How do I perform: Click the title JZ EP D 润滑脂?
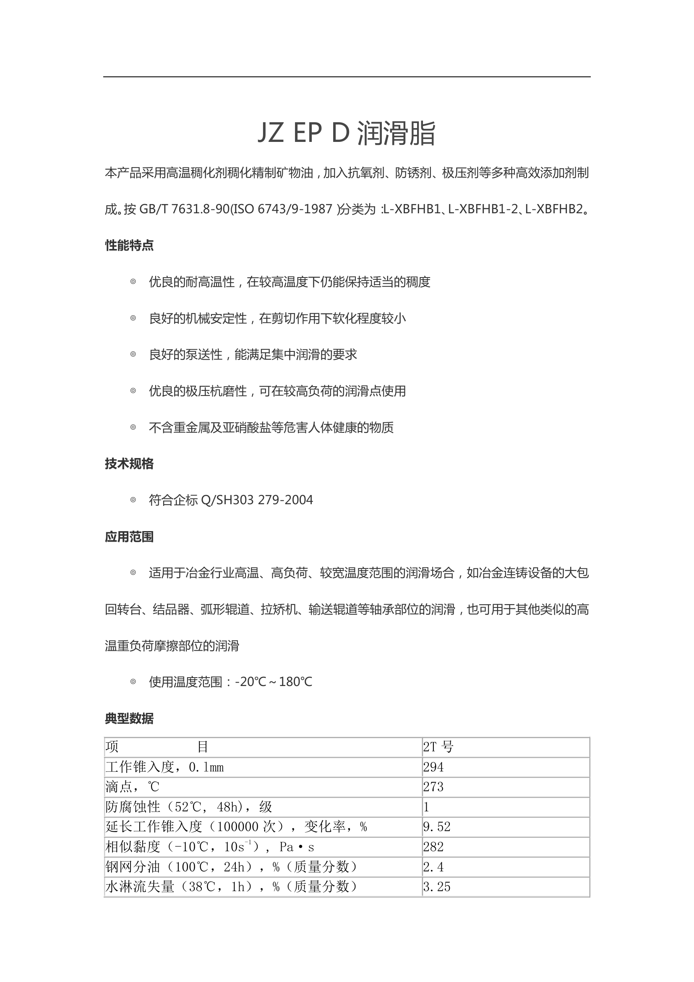[x=347, y=133]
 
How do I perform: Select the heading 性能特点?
[x=129, y=246]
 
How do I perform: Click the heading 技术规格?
[x=129, y=464]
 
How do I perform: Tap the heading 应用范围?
[x=129, y=537]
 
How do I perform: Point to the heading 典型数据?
[x=129, y=718]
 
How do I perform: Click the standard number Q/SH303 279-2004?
[x=256, y=500]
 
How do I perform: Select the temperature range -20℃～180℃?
[x=274, y=682]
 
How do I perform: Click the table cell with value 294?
[x=433, y=767]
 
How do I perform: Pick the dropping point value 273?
[x=433, y=787]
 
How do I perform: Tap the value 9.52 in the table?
[x=437, y=827]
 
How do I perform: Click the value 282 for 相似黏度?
[x=433, y=847]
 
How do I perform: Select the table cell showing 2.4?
[x=433, y=867]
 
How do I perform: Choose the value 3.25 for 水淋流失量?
[x=437, y=887]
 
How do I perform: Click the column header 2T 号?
[x=438, y=747]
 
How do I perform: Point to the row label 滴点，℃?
[x=132, y=787]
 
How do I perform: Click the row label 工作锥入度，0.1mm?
[x=164, y=767]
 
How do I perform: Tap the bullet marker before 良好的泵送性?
[x=133, y=355]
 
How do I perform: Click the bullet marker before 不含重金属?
[x=133, y=427]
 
